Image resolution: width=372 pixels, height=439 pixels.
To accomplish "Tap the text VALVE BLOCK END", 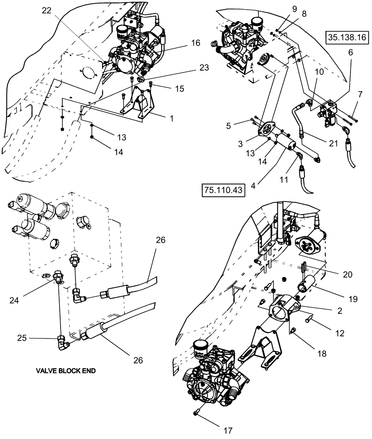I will coord(66,370).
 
